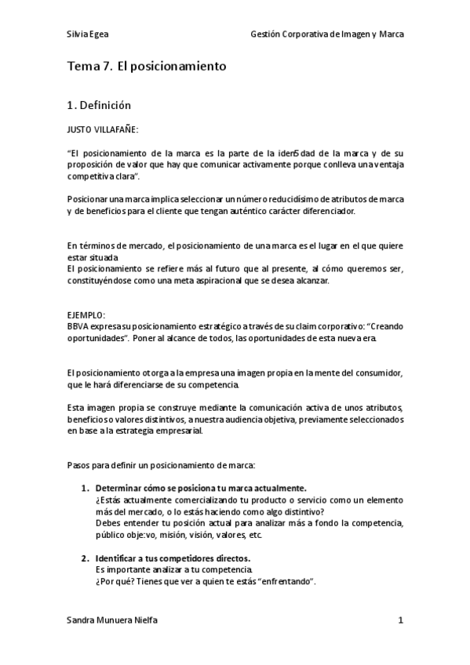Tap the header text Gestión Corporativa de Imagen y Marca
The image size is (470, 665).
tap(327, 35)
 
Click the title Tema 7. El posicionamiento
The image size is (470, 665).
tap(147, 67)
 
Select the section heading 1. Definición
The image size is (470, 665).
tap(99, 104)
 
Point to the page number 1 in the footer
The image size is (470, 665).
tap(400, 620)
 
